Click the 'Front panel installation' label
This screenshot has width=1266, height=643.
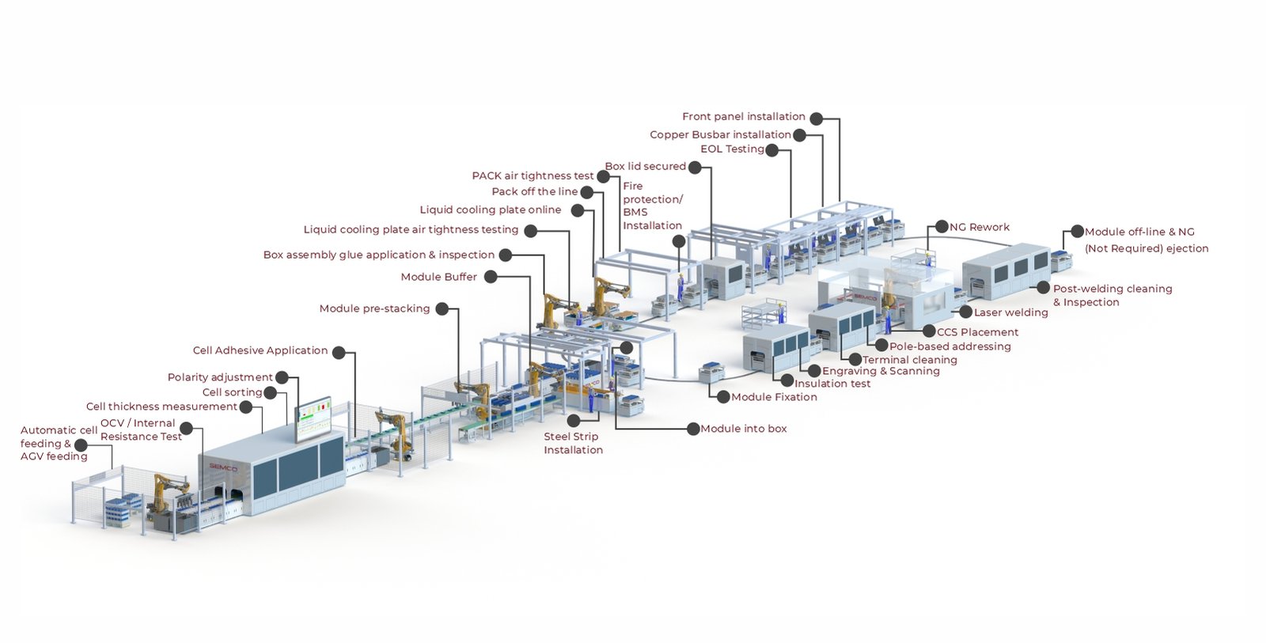tap(743, 117)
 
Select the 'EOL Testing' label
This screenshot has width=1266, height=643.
tap(732, 149)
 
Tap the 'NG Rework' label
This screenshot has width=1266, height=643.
tap(980, 228)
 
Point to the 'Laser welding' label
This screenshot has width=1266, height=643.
tap(1010, 313)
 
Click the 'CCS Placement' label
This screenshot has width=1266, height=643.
tap(977, 332)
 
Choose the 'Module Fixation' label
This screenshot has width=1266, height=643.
tap(774, 397)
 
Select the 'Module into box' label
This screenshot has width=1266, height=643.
tap(743, 429)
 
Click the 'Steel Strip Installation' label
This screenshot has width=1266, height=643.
tap(573, 443)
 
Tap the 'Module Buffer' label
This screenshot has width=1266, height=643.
tap(438, 277)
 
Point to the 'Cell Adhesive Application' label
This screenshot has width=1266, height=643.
tap(260, 350)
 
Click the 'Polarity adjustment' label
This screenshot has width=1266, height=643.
tap(219, 378)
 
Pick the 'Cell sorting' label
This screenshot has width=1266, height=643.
tap(232, 392)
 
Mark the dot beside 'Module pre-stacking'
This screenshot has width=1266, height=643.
tap(442, 309)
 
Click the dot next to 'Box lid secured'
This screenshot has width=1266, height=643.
tap(694, 167)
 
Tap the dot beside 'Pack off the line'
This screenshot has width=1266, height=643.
tap(586, 192)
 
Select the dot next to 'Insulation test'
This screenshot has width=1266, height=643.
tap(787, 381)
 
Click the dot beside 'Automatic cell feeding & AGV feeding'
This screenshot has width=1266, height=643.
tap(81, 445)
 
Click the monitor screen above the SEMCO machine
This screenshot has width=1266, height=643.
tap(314, 418)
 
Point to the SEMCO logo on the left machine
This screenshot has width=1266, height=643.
tap(223, 467)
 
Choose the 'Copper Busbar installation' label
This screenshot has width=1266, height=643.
tap(720, 135)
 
